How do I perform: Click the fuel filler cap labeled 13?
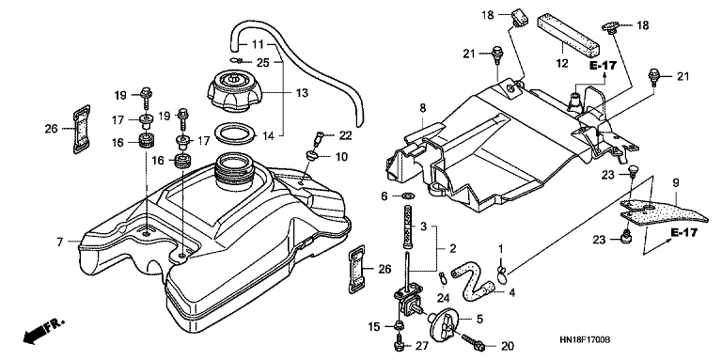pyautogui.click(x=234, y=90)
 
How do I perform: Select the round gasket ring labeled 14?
pyautogui.click(x=235, y=133)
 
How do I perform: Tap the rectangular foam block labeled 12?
pyautogui.click(x=569, y=34)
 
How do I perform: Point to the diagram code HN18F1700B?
pyautogui.click(x=585, y=339)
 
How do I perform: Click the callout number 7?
pyautogui.click(x=60, y=242)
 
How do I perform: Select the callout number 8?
pyautogui.click(x=423, y=109)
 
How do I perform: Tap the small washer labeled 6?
pyautogui.click(x=407, y=196)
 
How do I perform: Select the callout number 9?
pyautogui.click(x=676, y=183)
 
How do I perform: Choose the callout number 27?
pyautogui.click(x=422, y=346)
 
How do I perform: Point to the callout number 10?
pyautogui.click(x=341, y=158)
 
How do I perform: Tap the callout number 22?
pyautogui.click(x=345, y=135)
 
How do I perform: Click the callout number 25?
pyautogui.click(x=263, y=63)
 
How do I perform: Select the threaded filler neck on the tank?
pyautogui.click(x=234, y=171)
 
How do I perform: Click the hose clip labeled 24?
pyautogui.click(x=443, y=277)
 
